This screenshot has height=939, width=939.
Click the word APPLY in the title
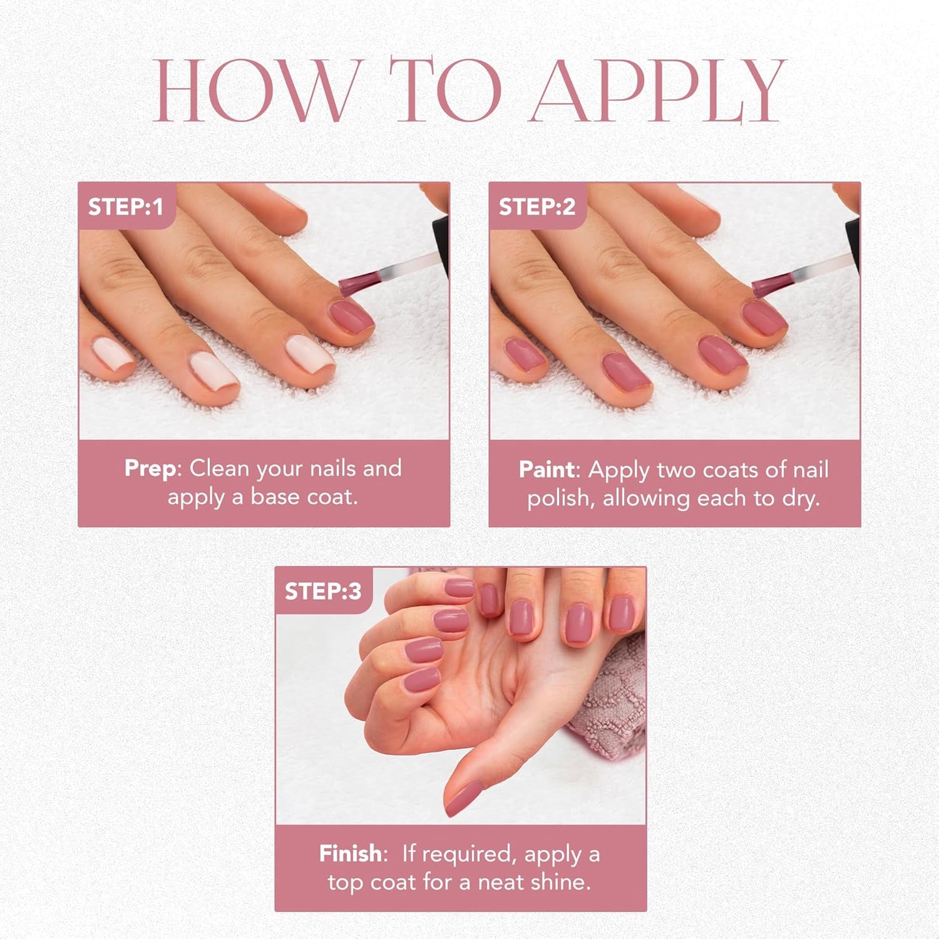(657, 91)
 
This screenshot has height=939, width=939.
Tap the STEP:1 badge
(125, 207)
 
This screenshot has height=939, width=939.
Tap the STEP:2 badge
(536, 207)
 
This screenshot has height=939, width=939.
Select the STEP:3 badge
(323, 592)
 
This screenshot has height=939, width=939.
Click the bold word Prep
(150, 468)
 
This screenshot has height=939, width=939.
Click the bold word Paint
(546, 469)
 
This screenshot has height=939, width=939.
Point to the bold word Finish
(350, 854)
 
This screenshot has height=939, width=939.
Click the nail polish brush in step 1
(360, 280)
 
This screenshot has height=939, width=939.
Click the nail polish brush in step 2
(771, 284)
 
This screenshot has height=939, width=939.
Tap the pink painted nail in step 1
(352, 317)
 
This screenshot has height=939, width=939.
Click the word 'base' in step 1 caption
(277, 497)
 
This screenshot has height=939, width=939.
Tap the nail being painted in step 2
(764, 318)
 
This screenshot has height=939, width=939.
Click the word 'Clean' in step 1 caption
(219, 468)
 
